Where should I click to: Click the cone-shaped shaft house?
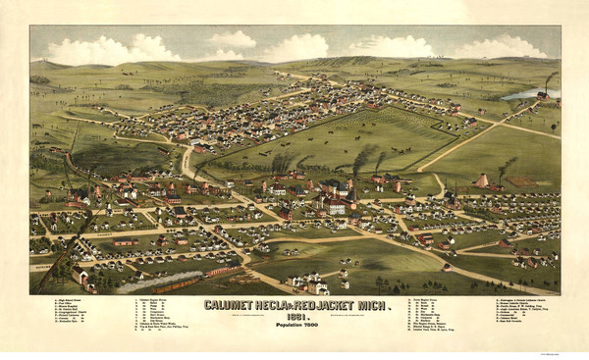[483, 181]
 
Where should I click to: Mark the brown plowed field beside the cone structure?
[521, 181]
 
